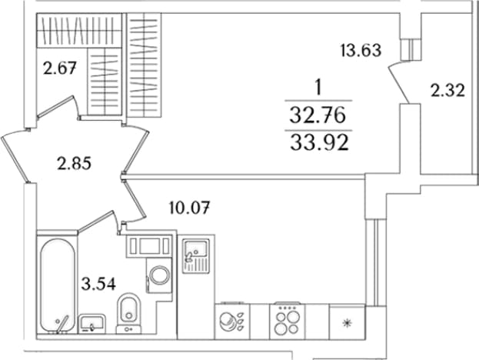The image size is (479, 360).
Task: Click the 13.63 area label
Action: click(361, 51)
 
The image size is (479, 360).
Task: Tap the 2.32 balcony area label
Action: click(447, 91)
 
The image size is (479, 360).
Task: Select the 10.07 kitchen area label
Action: click(189, 208)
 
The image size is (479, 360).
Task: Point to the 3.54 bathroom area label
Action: click(98, 284)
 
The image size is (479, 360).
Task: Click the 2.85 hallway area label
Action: click(75, 164)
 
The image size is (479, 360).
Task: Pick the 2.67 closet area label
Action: click(59, 68)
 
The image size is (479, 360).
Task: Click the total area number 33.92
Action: click(319, 143)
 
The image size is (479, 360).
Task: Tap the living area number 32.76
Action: click(318, 116)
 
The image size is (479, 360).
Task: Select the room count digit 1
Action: click(318, 88)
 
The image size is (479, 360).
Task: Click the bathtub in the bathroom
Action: click(58, 285)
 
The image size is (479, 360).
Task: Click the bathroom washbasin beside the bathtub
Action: click(92, 324)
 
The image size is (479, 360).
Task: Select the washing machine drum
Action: click(159, 275)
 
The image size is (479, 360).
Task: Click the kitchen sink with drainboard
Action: click(196, 256)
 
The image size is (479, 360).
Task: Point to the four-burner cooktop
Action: click(287, 322)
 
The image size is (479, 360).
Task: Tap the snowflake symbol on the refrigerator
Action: click(347, 323)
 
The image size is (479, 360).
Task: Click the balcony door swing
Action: click(400, 82)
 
